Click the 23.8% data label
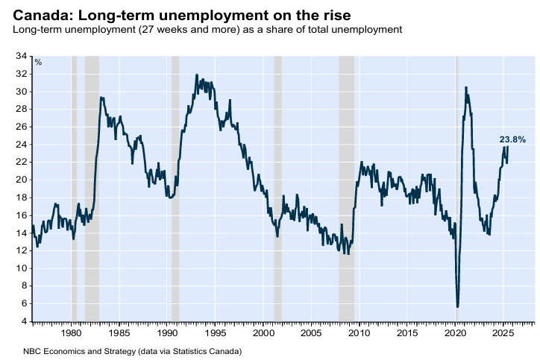512,139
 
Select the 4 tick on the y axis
23,321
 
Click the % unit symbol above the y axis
39,63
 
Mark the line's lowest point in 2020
457,306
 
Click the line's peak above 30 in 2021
466,87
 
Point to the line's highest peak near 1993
196,75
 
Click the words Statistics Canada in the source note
210,350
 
